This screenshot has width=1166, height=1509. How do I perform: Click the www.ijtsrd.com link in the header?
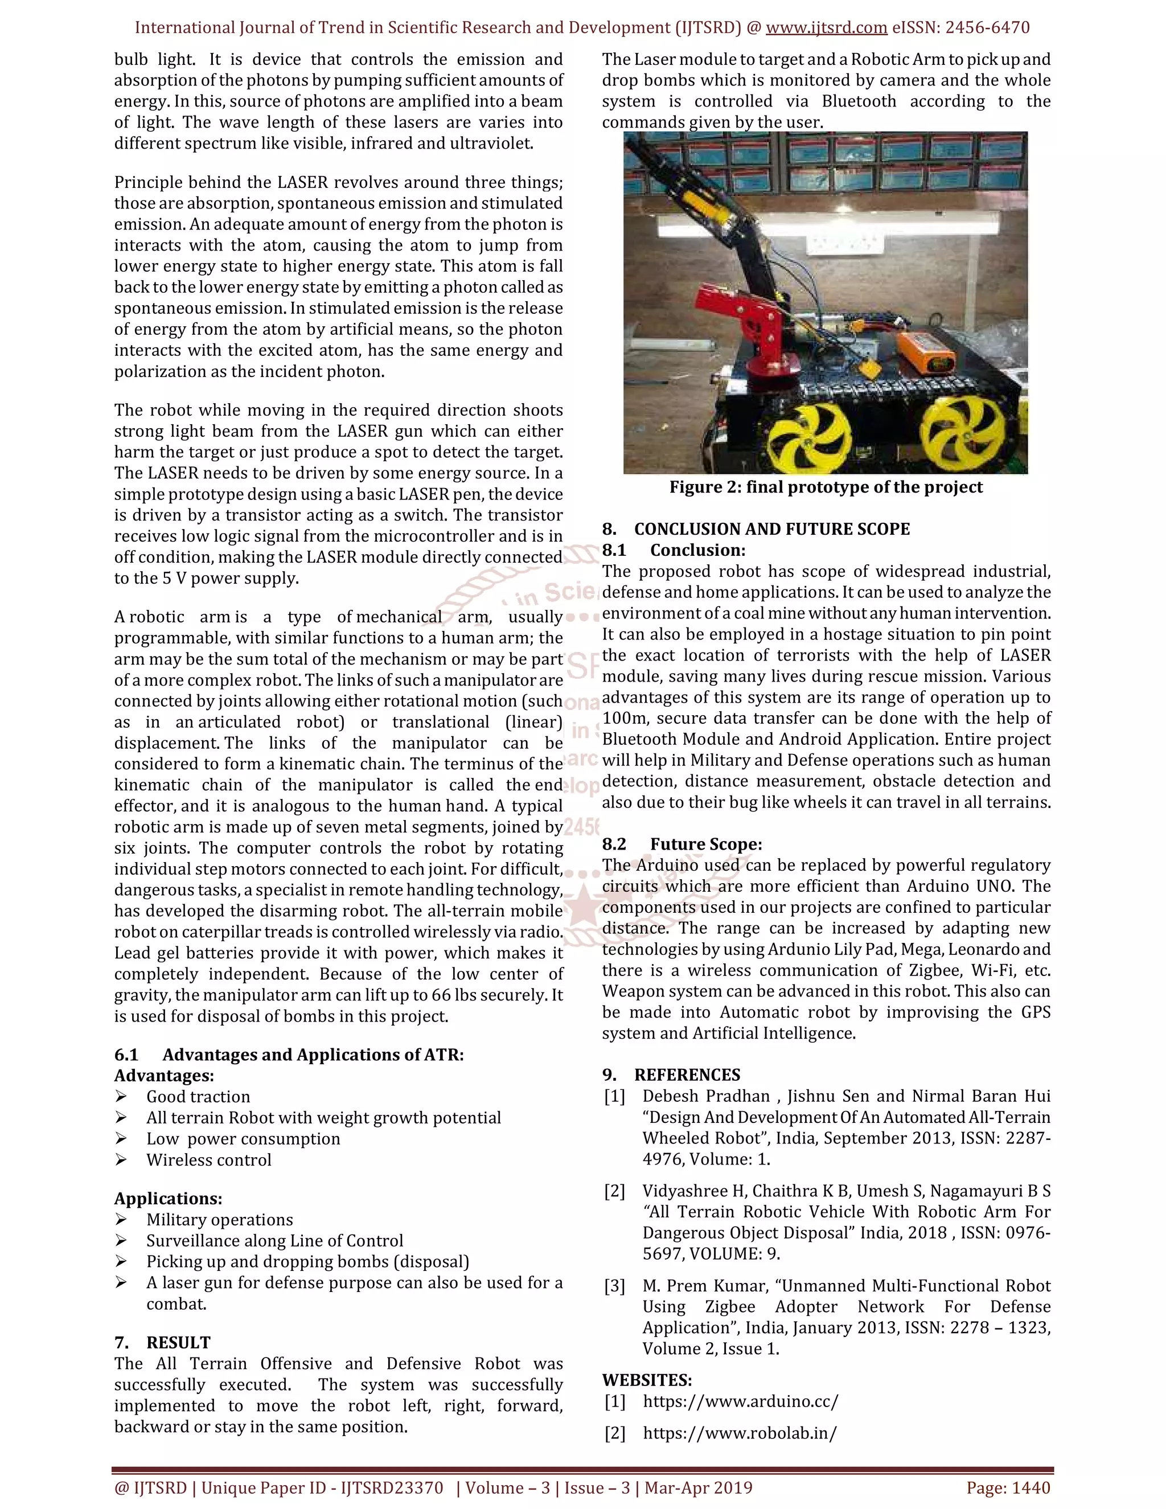point(826,28)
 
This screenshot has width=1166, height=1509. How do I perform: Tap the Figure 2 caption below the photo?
point(826,487)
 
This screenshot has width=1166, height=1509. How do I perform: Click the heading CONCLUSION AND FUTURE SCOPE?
point(771,529)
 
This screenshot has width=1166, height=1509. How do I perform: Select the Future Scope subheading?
point(705,844)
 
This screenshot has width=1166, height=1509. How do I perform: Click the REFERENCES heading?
point(687,1075)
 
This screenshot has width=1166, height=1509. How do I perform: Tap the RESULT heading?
point(178,1343)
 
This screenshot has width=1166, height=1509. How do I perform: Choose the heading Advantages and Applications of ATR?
point(313,1055)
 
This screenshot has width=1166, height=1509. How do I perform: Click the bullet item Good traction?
point(198,1097)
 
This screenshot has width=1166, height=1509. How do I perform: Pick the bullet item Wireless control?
point(208,1159)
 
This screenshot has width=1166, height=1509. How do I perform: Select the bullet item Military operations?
point(220,1220)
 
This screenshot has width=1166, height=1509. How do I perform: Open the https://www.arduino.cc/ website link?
point(741,1401)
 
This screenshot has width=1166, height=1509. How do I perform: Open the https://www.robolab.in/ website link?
point(740,1433)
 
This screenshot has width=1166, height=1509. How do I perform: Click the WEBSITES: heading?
point(647,1380)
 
